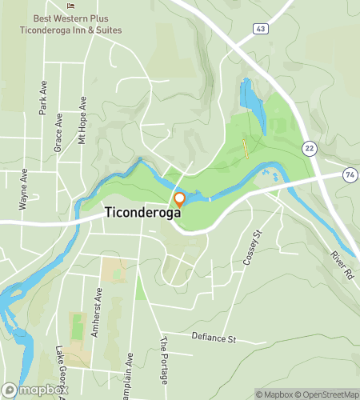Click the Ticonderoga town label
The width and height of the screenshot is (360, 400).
coord(144,214)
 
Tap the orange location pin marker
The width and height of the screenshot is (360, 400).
coord(179,200)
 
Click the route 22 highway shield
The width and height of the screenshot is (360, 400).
coord(309,148)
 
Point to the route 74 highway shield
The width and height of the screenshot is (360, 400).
coord(349,174)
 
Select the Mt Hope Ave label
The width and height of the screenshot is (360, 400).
coord(82,120)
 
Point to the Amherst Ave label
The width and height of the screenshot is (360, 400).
coord(97,313)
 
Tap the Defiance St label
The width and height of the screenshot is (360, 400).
coord(214,338)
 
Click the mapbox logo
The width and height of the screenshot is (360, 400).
coord(34,390)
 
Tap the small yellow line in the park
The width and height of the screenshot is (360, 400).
coord(246,149)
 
